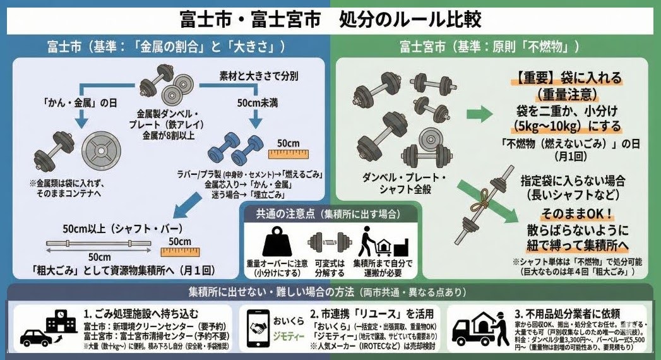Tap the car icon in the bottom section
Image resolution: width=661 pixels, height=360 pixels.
point(37,337)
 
